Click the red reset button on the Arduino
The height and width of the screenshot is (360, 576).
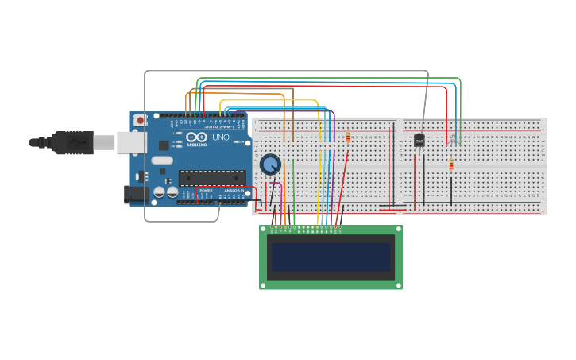pos(141,120)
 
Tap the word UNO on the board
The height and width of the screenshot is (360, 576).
pos(220,137)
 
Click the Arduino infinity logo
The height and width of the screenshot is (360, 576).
pos(196,137)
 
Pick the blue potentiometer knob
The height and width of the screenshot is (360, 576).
pos(270,165)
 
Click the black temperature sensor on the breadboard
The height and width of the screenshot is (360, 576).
pos(419,141)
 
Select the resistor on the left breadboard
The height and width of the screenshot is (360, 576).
pos(347,137)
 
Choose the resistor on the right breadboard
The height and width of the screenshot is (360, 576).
pos(451,165)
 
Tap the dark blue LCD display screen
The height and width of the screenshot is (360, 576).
pos(331,257)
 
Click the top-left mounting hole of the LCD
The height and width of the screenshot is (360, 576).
pos(265,230)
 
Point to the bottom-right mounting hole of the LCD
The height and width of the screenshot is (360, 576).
pos(397,285)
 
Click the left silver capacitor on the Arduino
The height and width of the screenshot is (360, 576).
pos(160,192)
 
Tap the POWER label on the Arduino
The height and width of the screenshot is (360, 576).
pos(206,191)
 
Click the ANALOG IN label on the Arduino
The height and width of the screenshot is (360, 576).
pos(234,191)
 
